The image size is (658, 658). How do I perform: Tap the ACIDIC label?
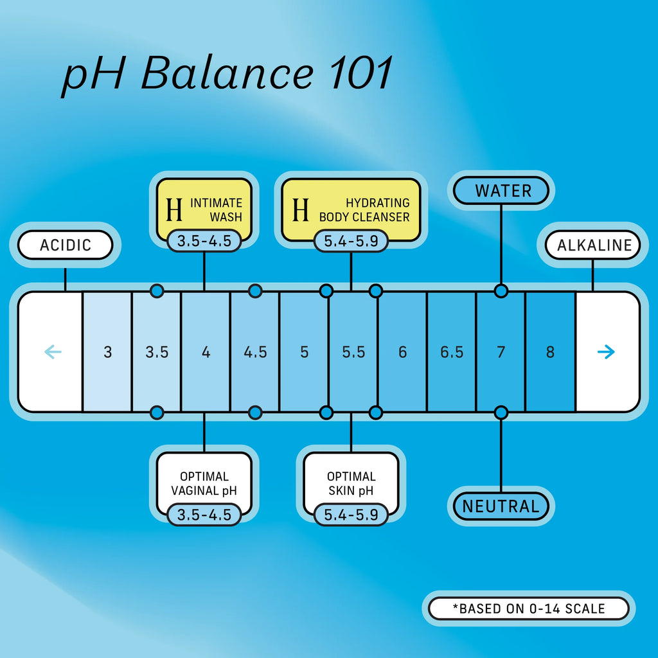[66, 245]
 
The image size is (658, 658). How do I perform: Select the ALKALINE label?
[594, 245]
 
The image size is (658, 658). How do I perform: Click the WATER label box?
[502, 191]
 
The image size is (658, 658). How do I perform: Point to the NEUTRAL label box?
[501, 506]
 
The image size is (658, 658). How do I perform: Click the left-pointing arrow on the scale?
[53, 351]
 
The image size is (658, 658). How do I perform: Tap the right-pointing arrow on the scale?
[606, 351]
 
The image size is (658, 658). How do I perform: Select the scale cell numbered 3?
[107, 352]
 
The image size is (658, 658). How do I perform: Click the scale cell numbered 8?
[550, 352]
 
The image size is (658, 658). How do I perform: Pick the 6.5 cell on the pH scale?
[452, 352]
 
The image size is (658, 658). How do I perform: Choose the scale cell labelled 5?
[304, 352]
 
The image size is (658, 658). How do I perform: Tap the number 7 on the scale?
[501, 352]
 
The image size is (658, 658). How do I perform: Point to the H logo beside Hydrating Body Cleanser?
[301, 210]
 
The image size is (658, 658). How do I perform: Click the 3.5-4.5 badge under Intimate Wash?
[204, 241]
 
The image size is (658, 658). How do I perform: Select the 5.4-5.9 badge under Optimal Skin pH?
[351, 515]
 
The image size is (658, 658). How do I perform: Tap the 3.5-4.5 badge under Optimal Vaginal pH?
[204, 515]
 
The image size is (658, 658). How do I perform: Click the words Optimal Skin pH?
[351, 484]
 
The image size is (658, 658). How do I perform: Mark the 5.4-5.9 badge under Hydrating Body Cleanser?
[351, 241]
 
